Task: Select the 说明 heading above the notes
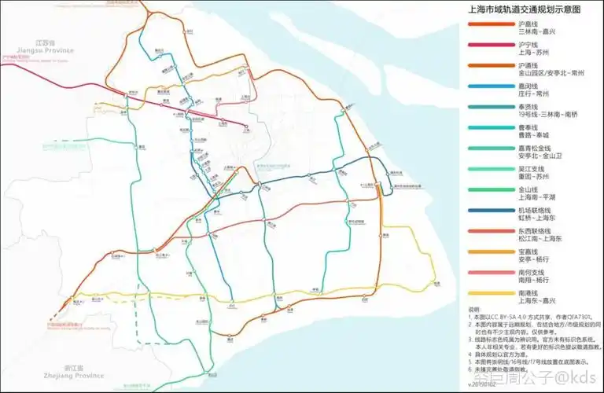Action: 473,309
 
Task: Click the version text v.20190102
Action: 483,385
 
